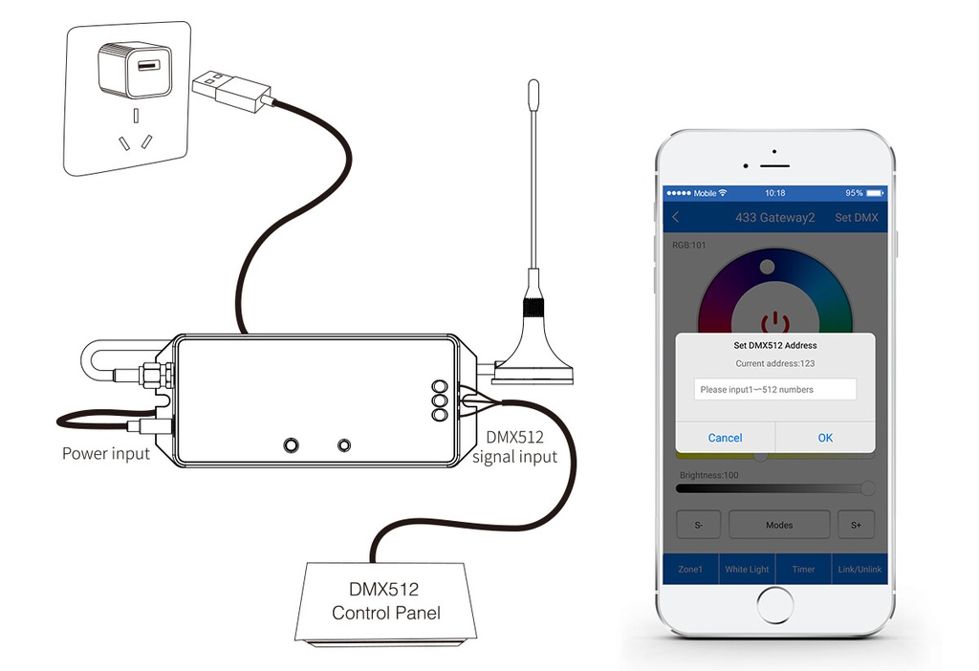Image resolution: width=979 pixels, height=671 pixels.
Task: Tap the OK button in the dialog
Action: [x=825, y=438]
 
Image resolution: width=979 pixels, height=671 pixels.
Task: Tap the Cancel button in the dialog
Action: [x=725, y=438]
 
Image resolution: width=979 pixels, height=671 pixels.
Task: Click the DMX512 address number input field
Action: [x=774, y=389]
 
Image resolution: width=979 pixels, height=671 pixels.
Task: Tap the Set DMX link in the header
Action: [x=856, y=217]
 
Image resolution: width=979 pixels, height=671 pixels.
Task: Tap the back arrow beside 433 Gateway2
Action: [x=676, y=217]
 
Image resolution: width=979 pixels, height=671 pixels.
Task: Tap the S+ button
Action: [x=856, y=525]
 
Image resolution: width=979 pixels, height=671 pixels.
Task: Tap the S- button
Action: [x=699, y=525]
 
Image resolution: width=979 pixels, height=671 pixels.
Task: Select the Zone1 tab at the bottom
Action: [x=690, y=570]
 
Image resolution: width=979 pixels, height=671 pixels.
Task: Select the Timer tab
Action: [x=803, y=570]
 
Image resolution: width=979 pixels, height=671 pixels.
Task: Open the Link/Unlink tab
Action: [x=859, y=570]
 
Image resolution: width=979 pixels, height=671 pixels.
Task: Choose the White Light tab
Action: [x=747, y=570]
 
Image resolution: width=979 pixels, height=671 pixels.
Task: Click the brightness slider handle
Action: [x=868, y=488]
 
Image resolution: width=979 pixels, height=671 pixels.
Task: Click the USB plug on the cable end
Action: [x=231, y=91]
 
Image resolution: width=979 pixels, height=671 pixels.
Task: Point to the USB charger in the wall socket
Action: [x=134, y=69]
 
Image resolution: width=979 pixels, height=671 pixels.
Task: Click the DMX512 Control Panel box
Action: [x=386, y=602]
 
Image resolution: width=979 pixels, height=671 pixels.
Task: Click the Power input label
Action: [x=106, y=453]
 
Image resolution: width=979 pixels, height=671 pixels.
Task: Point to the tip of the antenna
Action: [x=533, y=81]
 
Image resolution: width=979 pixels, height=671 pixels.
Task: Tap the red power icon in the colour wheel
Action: [x=774, y=323]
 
